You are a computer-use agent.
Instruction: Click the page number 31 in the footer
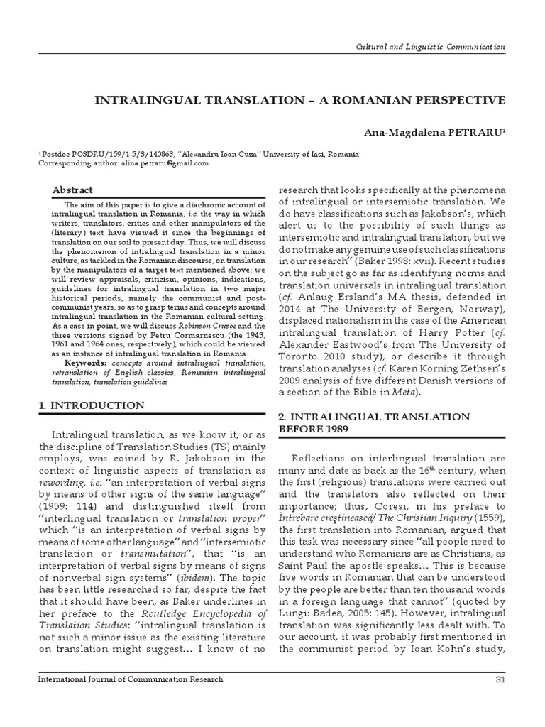coord(497,679)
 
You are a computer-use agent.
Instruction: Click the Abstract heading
coord(73,190)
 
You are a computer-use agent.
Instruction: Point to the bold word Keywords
coord(74,363)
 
